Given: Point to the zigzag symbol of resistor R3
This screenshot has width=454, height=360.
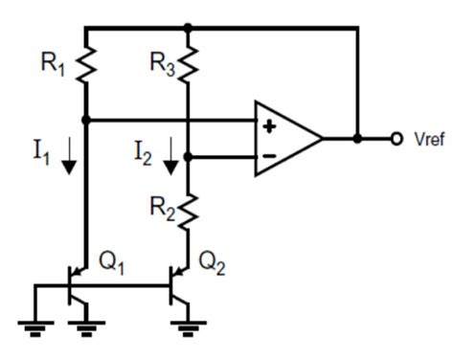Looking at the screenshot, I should [189, 64].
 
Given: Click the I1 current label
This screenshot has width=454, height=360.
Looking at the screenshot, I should [39, 153].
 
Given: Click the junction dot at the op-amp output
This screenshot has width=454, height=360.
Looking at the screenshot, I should [357, 139].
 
